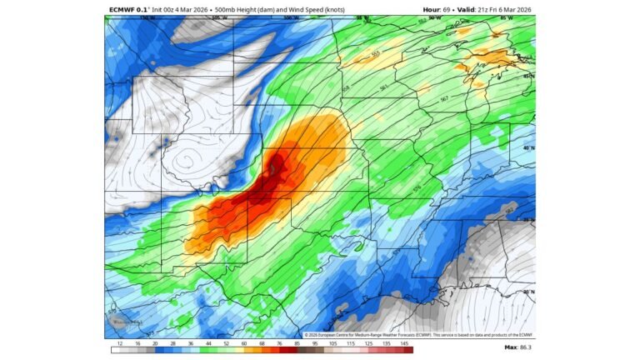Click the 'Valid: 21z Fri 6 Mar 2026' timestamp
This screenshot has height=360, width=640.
point(495,10)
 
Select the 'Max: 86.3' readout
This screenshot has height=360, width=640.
point(517,347)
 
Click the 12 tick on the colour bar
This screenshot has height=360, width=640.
point(120,343)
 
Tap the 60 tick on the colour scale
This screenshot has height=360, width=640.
point(244,343)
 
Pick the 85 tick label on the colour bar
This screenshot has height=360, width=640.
point(296,343)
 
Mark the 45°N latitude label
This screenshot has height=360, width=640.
point(527,76)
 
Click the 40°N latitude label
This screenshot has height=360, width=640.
point(527,147)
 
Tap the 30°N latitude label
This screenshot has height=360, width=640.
point(527,292)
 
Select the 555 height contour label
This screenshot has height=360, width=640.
point(374,55)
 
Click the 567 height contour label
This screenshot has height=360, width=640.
point(443,99)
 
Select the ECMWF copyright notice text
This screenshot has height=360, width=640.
point(417,334)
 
